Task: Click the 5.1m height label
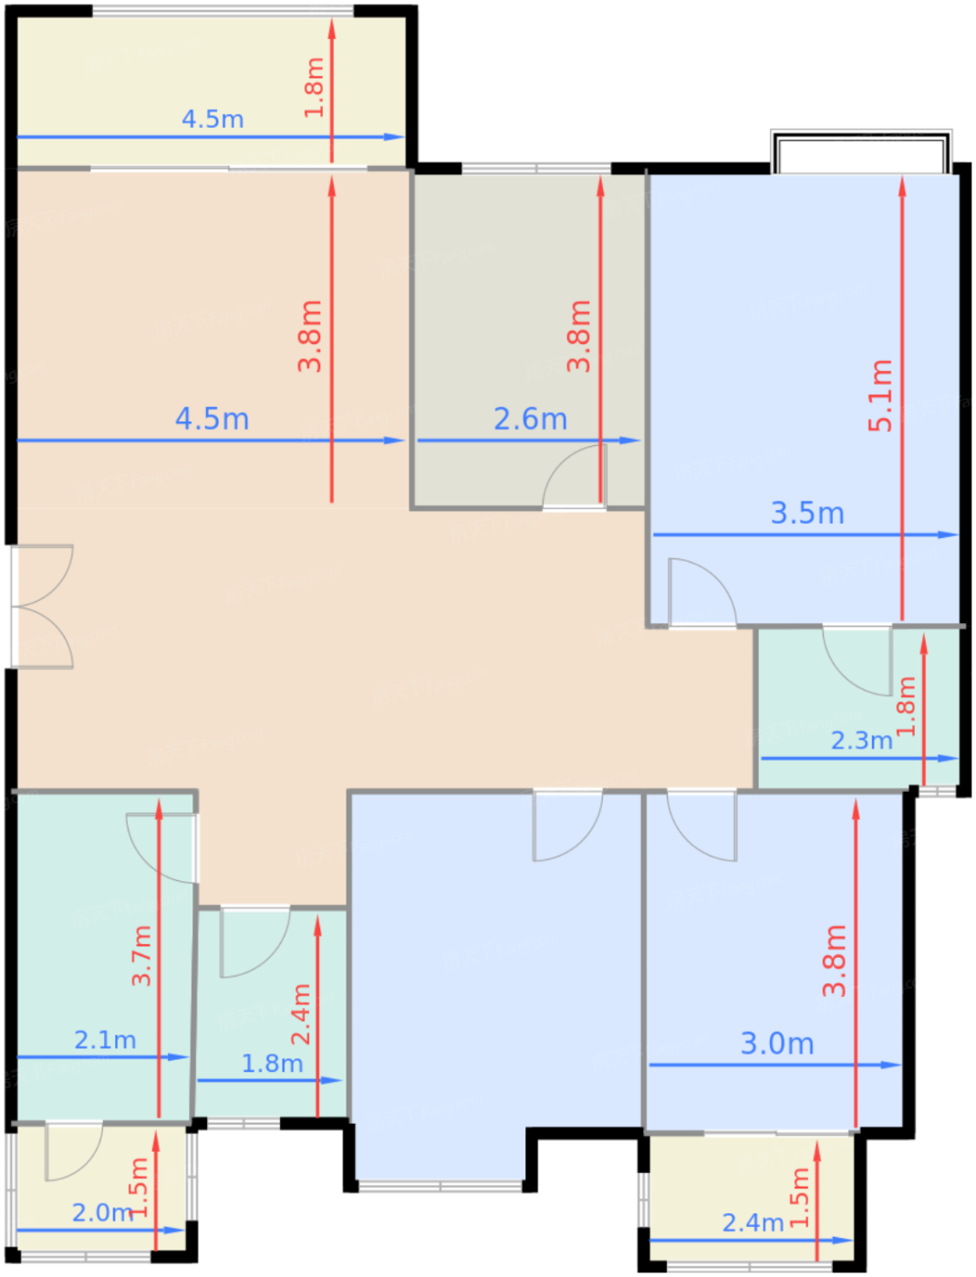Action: click(x=879, y=396)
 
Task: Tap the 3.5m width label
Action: click(x=806, y=514)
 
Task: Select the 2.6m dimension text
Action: click(x=530, y=419)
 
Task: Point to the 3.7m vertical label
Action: click(x=141, y=955)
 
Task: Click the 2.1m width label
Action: click(x=105, y=1040)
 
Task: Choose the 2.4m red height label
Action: click(x=301, y=1013)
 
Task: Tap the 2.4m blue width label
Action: click(x=753, y=1223)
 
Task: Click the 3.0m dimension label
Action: click(x=776, y=1043)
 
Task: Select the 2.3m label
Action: click(x=861, y=741)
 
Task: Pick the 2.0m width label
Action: click(x=103, y=1212)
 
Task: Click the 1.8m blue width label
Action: click(x=272, y=1064)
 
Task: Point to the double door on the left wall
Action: click(x=42, y=607)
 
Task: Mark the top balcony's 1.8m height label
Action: click(x=314, y=88)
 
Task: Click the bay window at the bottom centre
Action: click(x=441, y=1187)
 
